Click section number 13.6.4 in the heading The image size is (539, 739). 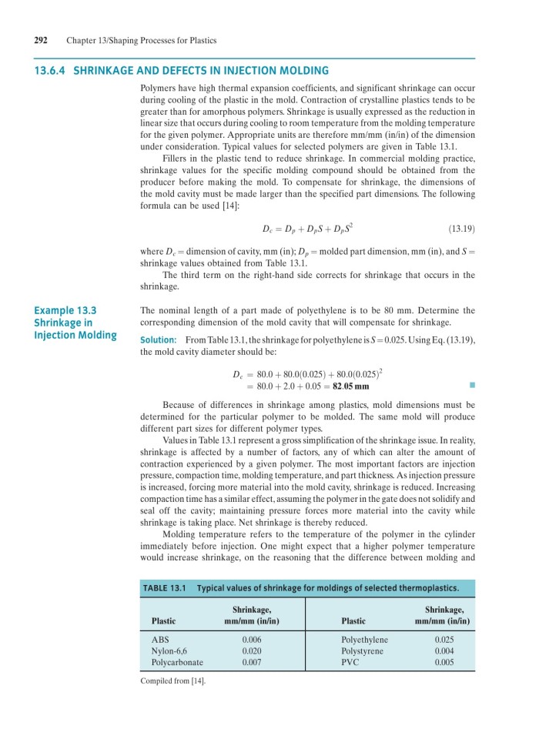(x=49, y=70)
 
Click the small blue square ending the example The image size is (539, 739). (x=465, y=386)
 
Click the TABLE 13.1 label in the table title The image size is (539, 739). (x=165, y=588)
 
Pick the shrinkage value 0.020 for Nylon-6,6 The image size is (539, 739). (x=252, y=650)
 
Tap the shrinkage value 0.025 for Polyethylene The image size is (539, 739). (x=444, y=640)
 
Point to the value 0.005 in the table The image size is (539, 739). (x=444, y=661)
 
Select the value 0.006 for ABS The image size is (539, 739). (x=252, y=640)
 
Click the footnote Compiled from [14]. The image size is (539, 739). (x=172, y=680)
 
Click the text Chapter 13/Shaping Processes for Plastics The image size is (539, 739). (x=141, y=40)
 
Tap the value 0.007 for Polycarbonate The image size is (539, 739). (x=252, y=661)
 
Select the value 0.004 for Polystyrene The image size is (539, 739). (x=444, y=650)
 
